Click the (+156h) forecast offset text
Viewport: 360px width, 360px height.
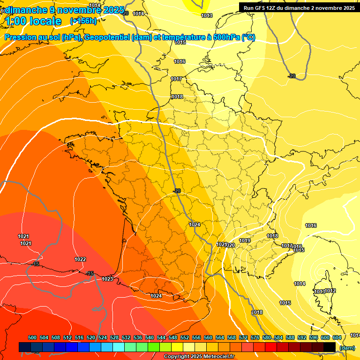[83, 21]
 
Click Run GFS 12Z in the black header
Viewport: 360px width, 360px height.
[260, 8]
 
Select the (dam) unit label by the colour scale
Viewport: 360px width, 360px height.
[347, 347]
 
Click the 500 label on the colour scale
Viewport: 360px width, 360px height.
[32, 338]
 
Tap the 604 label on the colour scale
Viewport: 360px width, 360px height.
[337, 338]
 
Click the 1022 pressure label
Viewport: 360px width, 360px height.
[80, 259]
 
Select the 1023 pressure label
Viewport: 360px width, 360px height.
[107, 279]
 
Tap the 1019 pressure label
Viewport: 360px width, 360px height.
[245, 240]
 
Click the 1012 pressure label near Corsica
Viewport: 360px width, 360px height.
[330, 291]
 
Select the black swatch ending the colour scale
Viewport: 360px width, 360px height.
[330, 347]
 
